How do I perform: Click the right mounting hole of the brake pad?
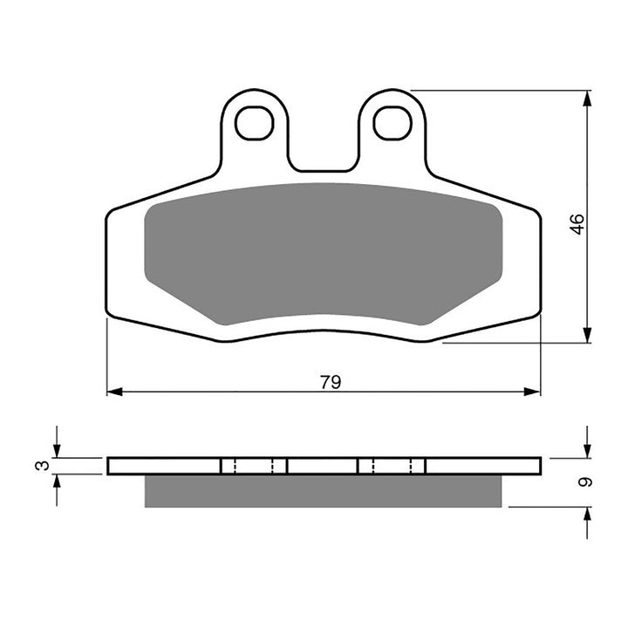click(392, 123)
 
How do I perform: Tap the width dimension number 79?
click(330, 381)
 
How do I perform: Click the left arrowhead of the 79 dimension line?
click(113, 392)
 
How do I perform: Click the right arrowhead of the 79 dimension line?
click(534, 392)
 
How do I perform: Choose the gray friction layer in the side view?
click(323, 491)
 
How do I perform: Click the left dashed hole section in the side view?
click(254, 466)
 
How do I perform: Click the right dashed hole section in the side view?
click(392, 466)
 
